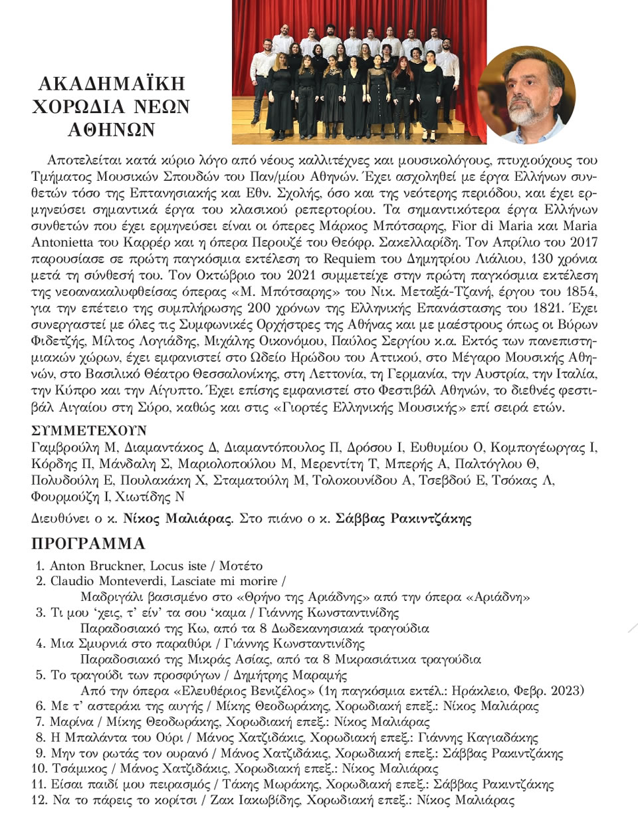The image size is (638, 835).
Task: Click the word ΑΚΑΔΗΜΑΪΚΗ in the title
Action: click(x=112, y=83)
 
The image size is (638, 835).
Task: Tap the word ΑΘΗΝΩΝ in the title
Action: click(x=112, y=130)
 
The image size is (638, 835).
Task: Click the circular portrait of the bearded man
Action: click(x=526, y=95)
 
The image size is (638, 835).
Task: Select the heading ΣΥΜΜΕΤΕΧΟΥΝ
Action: click(x=89, y=430)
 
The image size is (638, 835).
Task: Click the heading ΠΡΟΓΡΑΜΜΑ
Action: click(x=88, y=543)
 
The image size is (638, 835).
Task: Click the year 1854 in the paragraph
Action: click(x=580, y=291)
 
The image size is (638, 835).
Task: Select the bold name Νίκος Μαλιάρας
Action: click(x=178, y=519)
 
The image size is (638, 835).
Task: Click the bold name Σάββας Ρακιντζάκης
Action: click(x=403, y=519)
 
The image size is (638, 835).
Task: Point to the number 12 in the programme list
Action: click(x=39, y=800)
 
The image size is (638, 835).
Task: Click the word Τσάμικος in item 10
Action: click(x=80, y=769)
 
